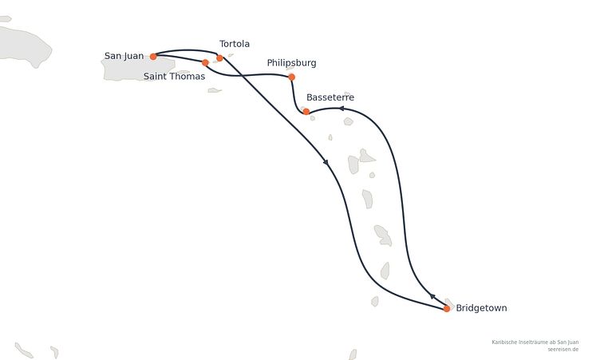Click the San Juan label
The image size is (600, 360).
pyautogui.click(x=124, y=56)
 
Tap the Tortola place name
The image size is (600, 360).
pyautogui.click(x=235, y=44)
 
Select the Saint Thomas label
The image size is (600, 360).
pyautogui.click(x=174, y=76)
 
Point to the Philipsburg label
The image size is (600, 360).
pyautogui.click(x=291, y=63)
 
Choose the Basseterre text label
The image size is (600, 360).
pyautogui.click(x=330, y=97)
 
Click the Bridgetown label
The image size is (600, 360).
pyautogui.click(x=481, y=308)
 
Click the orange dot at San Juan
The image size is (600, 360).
pyautogui.click(x=153, y=57)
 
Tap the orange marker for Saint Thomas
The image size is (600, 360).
pyautogui.click(x=205, y=62)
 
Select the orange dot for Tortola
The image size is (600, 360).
pyautogui.click(x=219, y=58)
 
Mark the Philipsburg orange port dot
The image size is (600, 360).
pyautogui.click(x=291, y=77)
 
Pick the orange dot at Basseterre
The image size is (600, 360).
pyautogui.click(x=306, y=112)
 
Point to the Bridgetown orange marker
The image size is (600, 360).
pyautogui.click(x=447, y=308)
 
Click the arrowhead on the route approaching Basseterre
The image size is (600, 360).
pyautogui.click(x=341, y=109)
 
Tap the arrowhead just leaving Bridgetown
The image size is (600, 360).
pyautogui.click(x=432, y=295)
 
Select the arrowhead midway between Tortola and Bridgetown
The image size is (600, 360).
pyautogui.click(x=326, y=162)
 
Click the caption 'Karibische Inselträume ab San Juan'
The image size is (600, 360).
pyautogui.click(x=535, y=342)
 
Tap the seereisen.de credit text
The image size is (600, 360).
pyautogui.click(x=562, y=350)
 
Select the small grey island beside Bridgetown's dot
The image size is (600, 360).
pyautogui.click(x=450, y=303)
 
